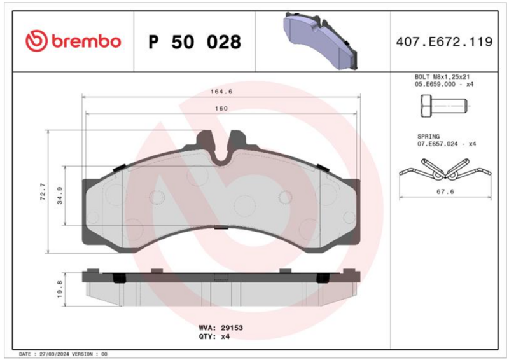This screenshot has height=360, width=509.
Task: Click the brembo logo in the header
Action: coord(73,41)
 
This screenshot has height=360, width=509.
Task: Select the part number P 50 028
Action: coord(195,42)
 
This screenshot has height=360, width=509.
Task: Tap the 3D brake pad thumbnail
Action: coord(321,41)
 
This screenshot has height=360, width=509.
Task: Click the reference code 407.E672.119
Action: coord(444,42)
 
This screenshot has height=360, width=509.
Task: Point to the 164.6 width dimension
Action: coord(221,92)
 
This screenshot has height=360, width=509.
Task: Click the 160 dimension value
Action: coord(221,108)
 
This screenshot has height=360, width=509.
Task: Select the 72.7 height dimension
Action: coord(43,191)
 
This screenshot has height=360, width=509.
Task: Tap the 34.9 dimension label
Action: coord(60,195)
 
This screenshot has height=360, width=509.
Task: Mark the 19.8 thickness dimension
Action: coord(60,289)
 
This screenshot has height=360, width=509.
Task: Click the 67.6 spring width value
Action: coord(445,191)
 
